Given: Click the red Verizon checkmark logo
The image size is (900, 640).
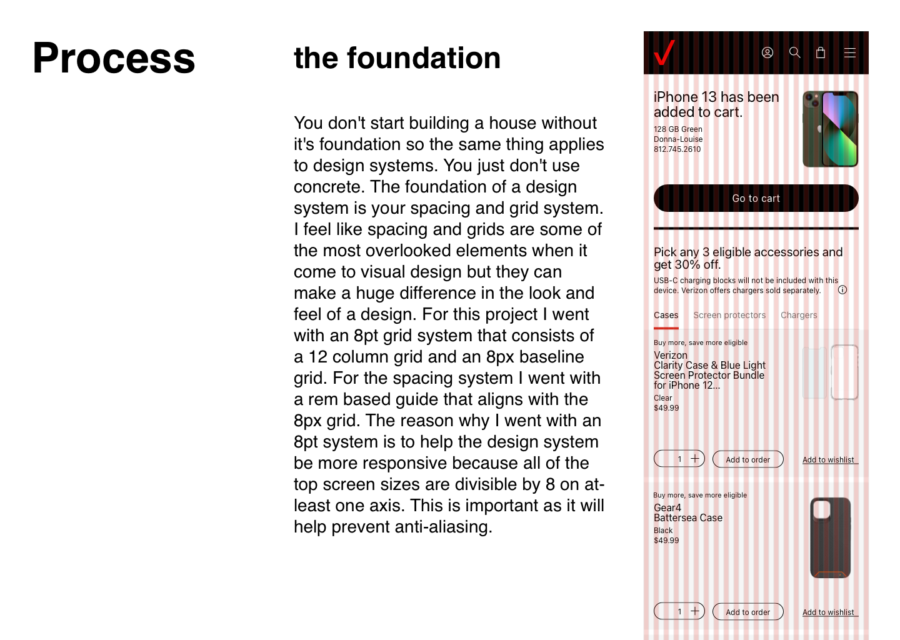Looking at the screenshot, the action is [664, 52].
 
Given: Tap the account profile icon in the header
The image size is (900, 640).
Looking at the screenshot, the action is [767, 52].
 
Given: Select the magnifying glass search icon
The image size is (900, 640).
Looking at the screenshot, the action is [794, 52].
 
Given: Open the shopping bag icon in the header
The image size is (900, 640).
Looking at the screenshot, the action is [821, 52].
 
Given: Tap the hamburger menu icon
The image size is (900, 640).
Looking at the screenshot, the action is [849, 52].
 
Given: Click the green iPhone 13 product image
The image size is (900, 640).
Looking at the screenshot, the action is [831, 129].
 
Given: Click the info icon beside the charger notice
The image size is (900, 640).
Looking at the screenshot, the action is [842, 290].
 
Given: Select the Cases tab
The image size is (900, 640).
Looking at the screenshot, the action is [666, 316].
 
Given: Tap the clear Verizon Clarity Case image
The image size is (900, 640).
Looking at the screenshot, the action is [831, 372].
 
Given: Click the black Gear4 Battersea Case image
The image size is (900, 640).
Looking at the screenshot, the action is [831, 537].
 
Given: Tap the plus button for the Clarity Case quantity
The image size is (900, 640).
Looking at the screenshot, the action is [694, 459].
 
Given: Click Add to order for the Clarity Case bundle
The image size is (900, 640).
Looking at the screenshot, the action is [747, 459].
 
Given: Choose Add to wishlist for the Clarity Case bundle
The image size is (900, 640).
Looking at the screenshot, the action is [828, 460].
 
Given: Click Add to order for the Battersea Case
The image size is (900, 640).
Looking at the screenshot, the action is [747, 612].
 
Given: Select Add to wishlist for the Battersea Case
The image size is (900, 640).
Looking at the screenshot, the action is [828, 612].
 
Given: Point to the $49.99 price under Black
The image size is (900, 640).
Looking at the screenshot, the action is [666, 541].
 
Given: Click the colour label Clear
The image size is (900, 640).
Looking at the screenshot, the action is [663, 398].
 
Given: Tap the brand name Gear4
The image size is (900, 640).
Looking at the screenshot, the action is [667, 507].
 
